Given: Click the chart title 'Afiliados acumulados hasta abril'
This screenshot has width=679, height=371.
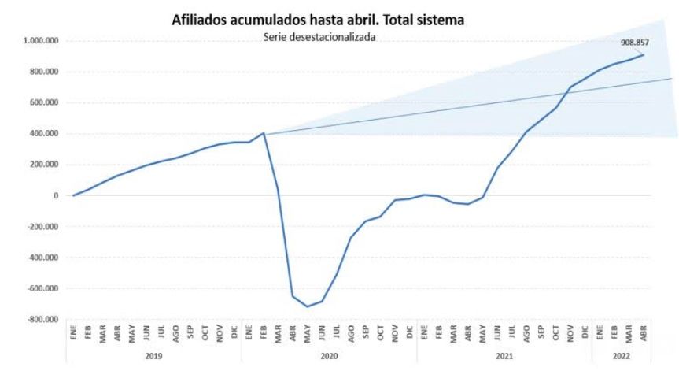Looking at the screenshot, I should (318, 20).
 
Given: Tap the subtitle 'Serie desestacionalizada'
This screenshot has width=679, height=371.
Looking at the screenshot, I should (319, 38).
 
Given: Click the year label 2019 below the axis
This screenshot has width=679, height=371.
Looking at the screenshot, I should (154, 357).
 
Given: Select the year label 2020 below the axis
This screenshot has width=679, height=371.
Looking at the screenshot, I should (329, 357).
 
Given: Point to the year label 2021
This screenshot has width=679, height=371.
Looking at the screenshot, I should (504, 357).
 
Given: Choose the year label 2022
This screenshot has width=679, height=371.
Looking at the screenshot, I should (622, 357).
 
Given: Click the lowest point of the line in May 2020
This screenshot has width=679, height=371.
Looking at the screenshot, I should (307, 306).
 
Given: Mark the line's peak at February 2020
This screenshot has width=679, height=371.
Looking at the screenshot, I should (264, 133).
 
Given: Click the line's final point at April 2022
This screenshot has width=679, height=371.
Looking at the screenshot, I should (643, 54).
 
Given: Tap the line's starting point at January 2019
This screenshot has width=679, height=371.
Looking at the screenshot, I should (73, 195).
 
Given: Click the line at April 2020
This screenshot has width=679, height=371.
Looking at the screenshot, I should (293, 296).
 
